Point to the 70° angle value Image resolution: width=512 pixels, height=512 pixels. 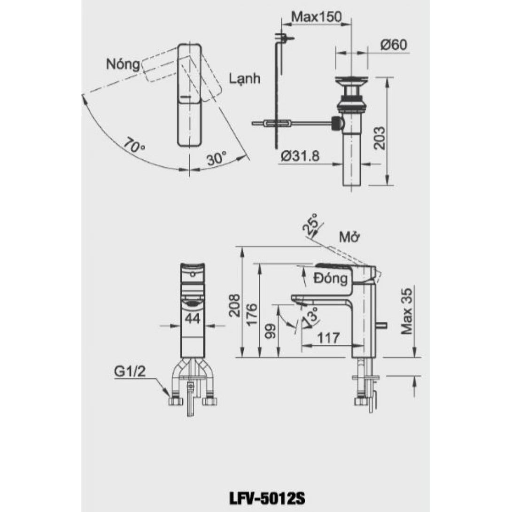coord(135,145)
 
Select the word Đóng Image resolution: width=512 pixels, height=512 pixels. coord(331,279)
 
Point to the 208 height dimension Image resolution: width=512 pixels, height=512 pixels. coord(234,305)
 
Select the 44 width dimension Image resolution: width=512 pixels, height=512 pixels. coord(193,319)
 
